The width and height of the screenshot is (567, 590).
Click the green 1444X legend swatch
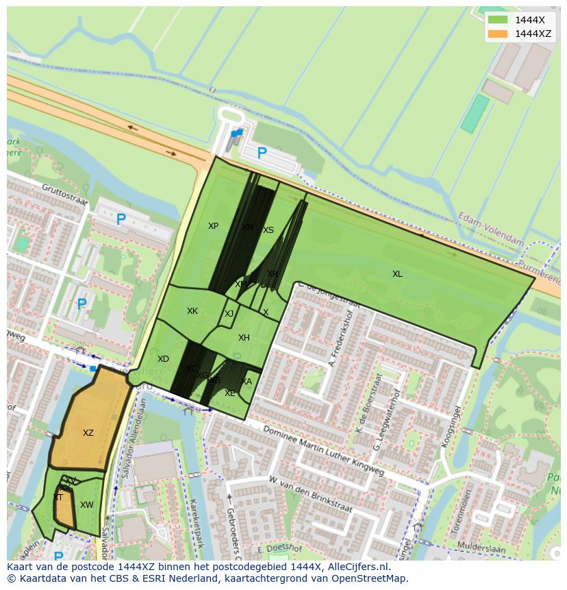pyautogui.click(x=498, y=20)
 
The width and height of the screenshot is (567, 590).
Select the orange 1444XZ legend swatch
pyautogui.click(x=498, y=34)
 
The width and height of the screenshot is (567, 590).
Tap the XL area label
pyautogui.click(x=397, y=274)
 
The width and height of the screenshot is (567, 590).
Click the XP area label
pyautogui.click(x=213, y=226)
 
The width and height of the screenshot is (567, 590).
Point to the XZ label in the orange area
pyautogui.click(x=88, y=433)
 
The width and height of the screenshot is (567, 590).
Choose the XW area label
pyautogui.click(x=86, y=505)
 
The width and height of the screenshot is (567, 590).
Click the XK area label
pyautogui.click(x=192, y=311)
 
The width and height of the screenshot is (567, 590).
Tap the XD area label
pyautogui.click(x=163, y=359)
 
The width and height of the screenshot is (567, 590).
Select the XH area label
pyautogui.click(x=244, y=338)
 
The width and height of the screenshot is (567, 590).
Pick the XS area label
pyautogui.click(x=268, y=230)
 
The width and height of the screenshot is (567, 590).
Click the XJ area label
pyautogui.click(x=229, y=314)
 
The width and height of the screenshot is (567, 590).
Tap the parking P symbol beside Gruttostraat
pyautogui.click(x=121, y=219)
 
